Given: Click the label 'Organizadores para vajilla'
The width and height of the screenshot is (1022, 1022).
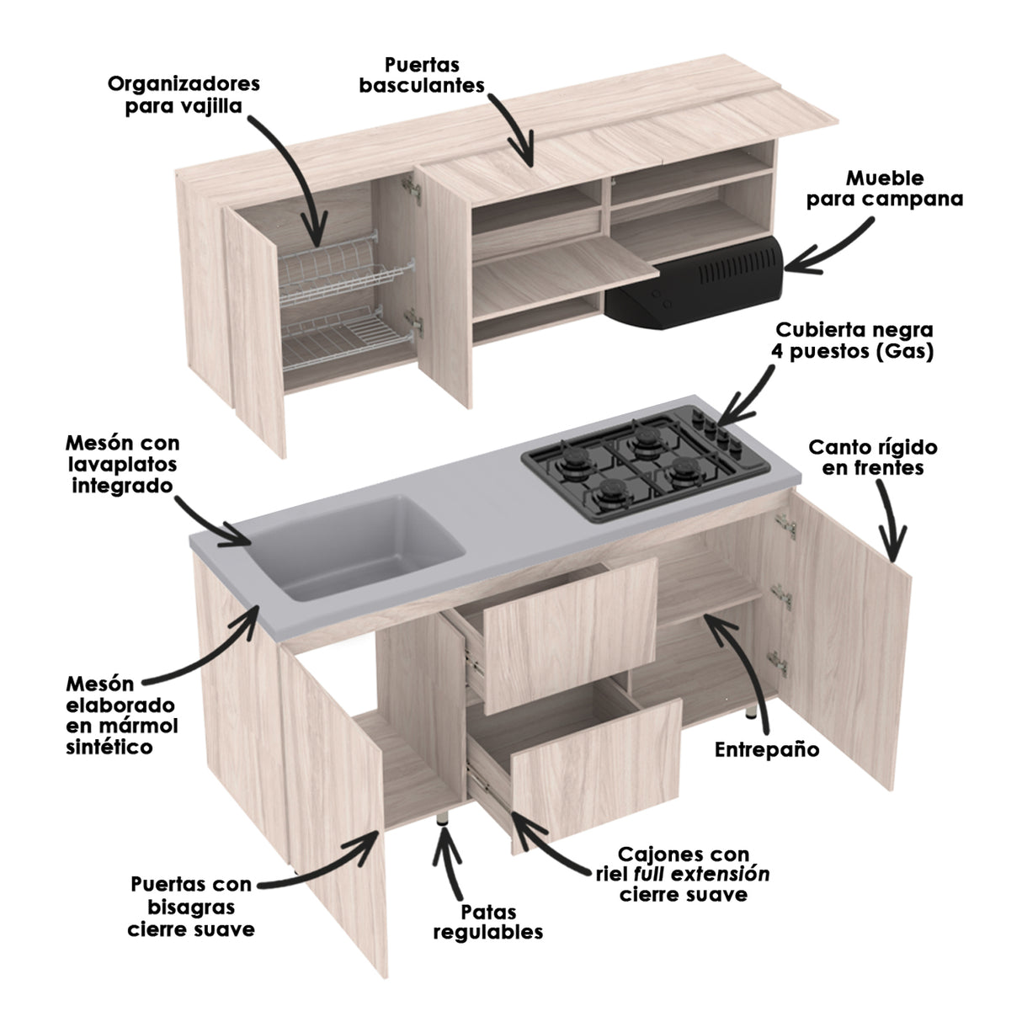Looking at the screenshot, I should click(x=184, y=95).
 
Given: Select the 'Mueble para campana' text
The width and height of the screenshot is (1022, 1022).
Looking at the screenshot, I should click(x=884, y=189).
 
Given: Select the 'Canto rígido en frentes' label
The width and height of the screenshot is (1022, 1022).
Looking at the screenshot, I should click(x=873, y=457).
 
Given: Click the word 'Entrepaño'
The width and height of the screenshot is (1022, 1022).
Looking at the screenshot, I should click(x=766, y=749).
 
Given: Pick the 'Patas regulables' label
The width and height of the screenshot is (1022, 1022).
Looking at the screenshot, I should click(x=488, y=922).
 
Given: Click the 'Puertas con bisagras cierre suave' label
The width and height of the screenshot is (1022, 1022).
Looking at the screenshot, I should click(x=191, y=907).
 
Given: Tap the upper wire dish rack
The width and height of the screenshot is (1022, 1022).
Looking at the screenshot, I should click(x=347, y=271).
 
